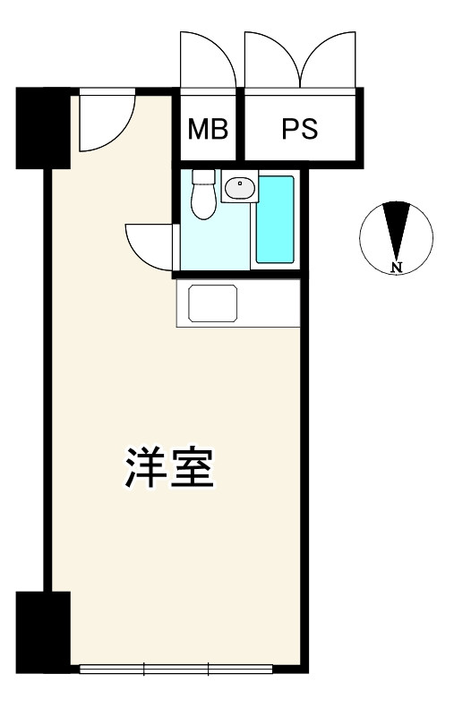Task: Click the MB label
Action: click(208, 129)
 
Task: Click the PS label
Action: click(300, 129)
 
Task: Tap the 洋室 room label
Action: click(169, 467)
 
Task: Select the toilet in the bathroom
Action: click(203, 194)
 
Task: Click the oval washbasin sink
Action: click(240, 188)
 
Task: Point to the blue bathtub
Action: click(275, 219)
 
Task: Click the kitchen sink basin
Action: click(213, 303)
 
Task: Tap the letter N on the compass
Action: click(397, 267)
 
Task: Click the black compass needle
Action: click(396, 231)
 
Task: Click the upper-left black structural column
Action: click(43, 128)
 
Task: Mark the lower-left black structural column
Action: click(43, 633)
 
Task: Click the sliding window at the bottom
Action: click(176, 669)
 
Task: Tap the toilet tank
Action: click(203, 176)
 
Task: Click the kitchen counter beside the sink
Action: click(269, 303)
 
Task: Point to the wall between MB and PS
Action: click(240, 124)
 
